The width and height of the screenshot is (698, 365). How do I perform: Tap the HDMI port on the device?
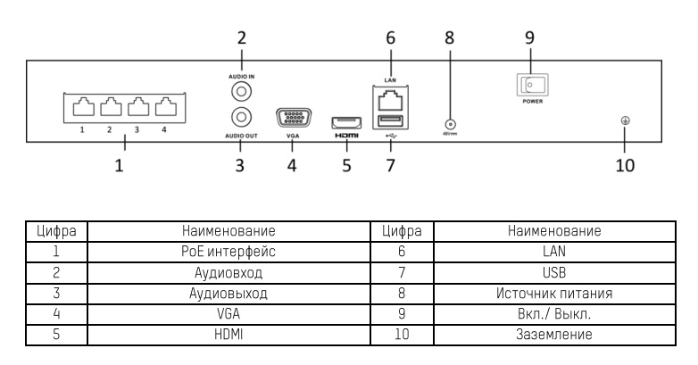click(345, 122)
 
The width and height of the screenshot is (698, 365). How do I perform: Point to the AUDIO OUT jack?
click(239, 117)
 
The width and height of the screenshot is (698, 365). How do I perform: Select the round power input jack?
click(449, 126)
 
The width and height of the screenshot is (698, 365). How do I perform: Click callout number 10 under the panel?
click(623, 166)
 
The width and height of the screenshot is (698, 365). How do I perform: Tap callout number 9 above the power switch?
click(530, 40)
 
